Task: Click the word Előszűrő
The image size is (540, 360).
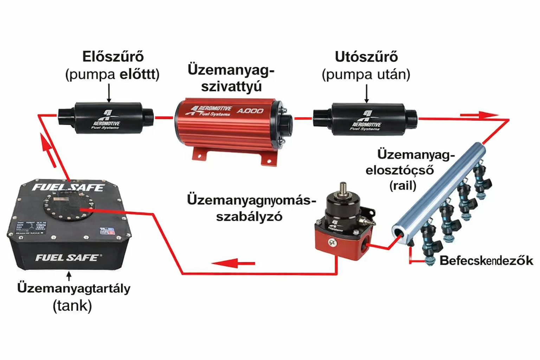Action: [x=113, y=57]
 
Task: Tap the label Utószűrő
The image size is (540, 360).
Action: [x=366, y=57]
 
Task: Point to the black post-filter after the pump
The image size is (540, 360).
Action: [x=366, y=119]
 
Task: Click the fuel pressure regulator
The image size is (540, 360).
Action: [x=343, y=225]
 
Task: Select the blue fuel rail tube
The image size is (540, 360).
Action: [x=439, y=190]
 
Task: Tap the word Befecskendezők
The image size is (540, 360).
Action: [x=486, y=261]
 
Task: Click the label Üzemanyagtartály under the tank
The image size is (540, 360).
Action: [x=74, y=288]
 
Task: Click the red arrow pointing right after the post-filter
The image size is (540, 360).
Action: [x=478, y=115]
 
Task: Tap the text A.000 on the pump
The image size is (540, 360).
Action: [x=250, y=111]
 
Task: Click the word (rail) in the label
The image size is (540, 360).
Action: [x=403, y=185]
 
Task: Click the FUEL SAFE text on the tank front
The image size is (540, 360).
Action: [x=67, y=258]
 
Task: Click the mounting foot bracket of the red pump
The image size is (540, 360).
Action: [x=269, y=158]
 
